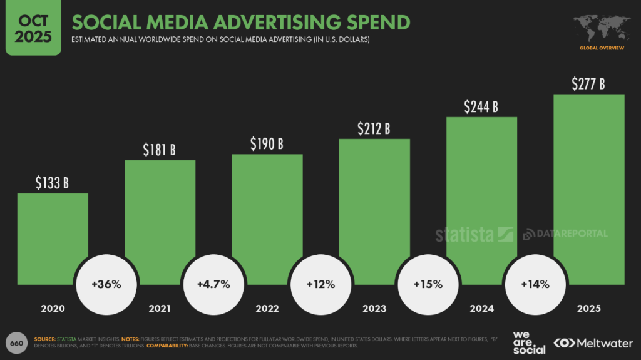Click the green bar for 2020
53,238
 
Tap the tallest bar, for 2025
588,188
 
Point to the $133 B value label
52,183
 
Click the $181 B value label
160,150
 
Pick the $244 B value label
481,107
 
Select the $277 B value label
588,84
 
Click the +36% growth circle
106,284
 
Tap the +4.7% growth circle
213,284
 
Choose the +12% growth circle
320,284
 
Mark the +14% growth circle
535,284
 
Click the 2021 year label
160,309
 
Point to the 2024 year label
481,309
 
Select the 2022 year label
267,309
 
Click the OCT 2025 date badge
33,28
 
